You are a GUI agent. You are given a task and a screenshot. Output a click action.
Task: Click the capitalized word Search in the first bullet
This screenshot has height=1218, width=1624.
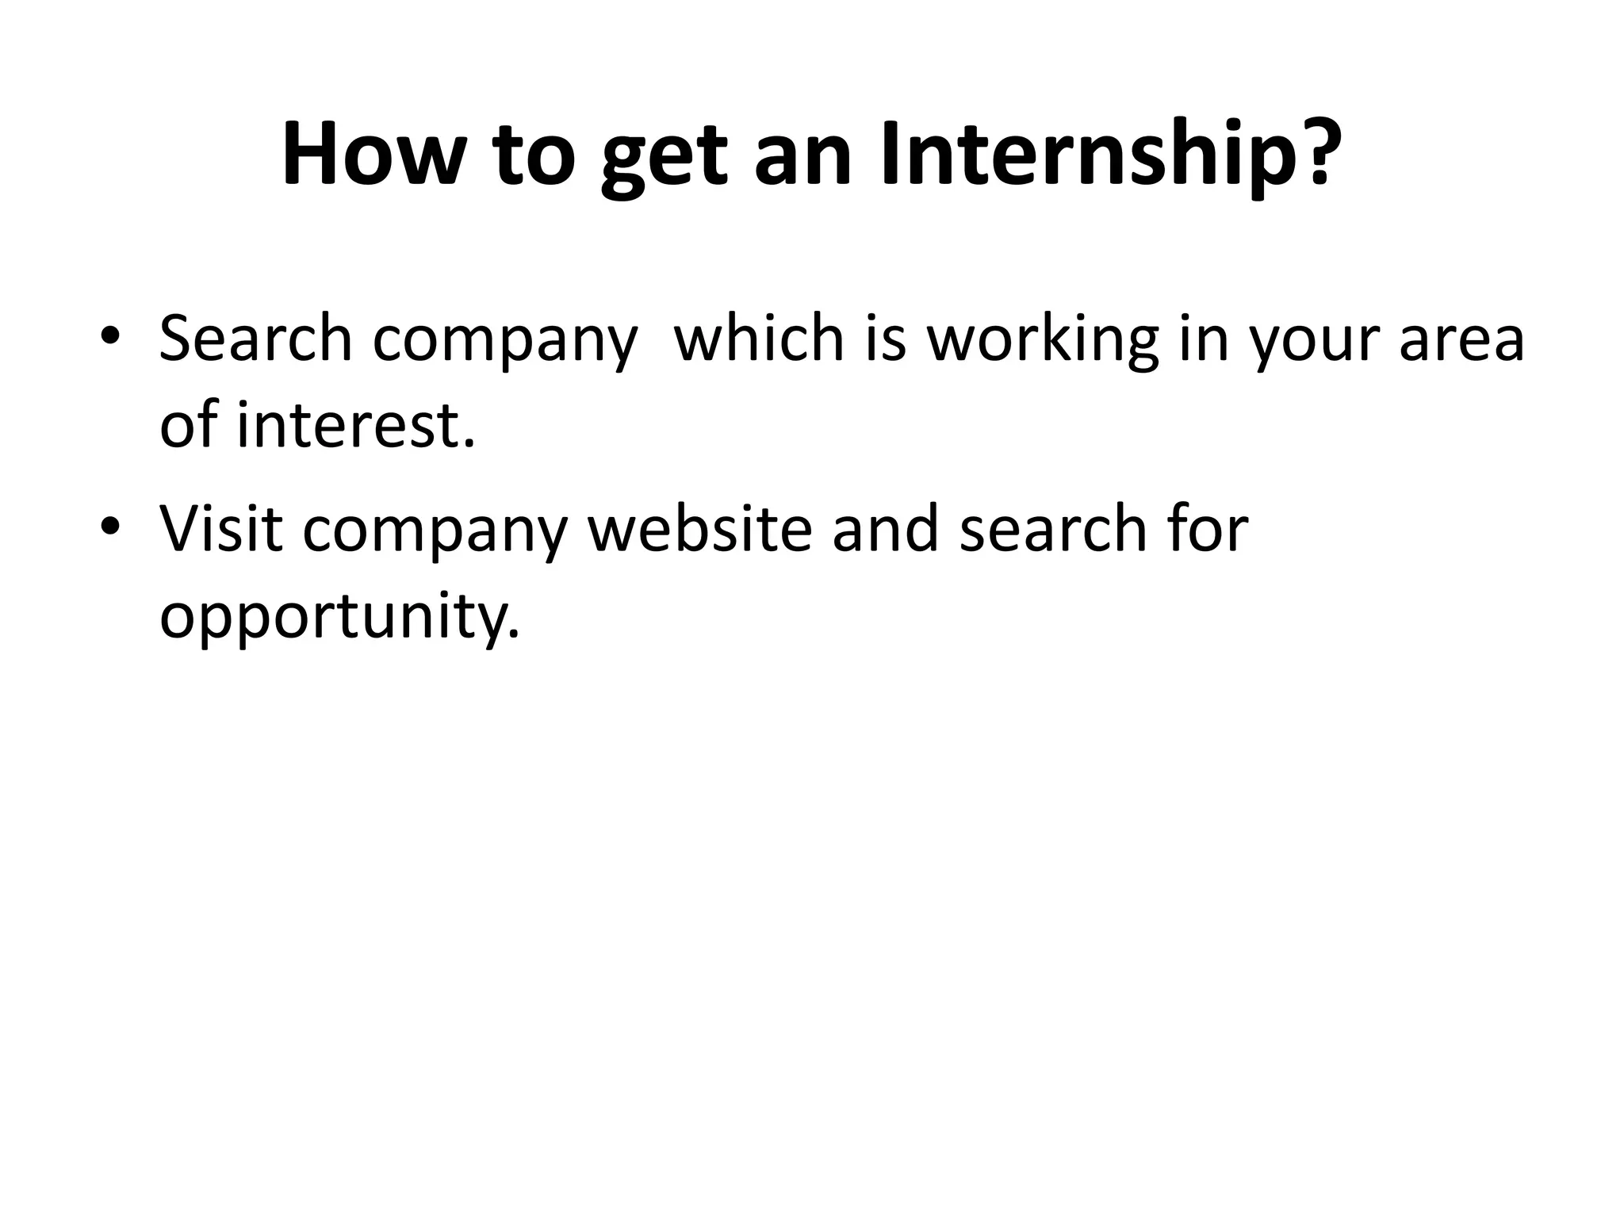coord(255,339)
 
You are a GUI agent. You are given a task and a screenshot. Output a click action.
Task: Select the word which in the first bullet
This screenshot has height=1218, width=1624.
coord(758,339)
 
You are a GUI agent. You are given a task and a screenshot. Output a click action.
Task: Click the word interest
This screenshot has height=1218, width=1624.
coord(349,425)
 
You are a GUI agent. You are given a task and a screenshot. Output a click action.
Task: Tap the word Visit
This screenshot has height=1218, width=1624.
coord(220,528)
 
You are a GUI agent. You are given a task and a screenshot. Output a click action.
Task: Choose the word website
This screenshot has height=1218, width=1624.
coord(699,528)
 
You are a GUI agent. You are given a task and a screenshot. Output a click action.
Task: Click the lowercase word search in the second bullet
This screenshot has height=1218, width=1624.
coord(1053,528)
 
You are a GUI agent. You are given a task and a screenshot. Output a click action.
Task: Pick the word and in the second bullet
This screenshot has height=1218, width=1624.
coord(885,528)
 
